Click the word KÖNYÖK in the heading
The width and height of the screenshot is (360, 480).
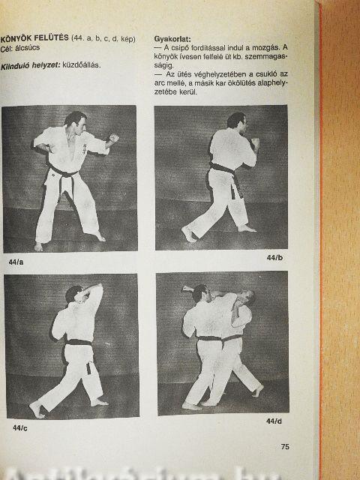[15, 38]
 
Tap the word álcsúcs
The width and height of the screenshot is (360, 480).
[28, 48]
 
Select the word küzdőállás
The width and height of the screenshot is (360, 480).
[82, 65]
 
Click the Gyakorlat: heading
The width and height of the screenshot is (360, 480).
[172, 39]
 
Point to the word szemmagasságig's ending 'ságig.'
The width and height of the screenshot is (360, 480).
[163, 65]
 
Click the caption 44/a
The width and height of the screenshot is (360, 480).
[16, 262]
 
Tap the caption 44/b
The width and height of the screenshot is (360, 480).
[274, 258]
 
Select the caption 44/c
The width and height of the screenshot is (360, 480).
[20, 428]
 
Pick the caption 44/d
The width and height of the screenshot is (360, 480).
[274, 421]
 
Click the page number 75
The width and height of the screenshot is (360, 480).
[285, 447]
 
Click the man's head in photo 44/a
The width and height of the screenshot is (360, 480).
[76, 121]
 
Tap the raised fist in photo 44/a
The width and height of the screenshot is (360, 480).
[114, 138]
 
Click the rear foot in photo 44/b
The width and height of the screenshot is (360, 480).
[189, 234]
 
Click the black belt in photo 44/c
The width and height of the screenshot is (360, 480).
[79, 342]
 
